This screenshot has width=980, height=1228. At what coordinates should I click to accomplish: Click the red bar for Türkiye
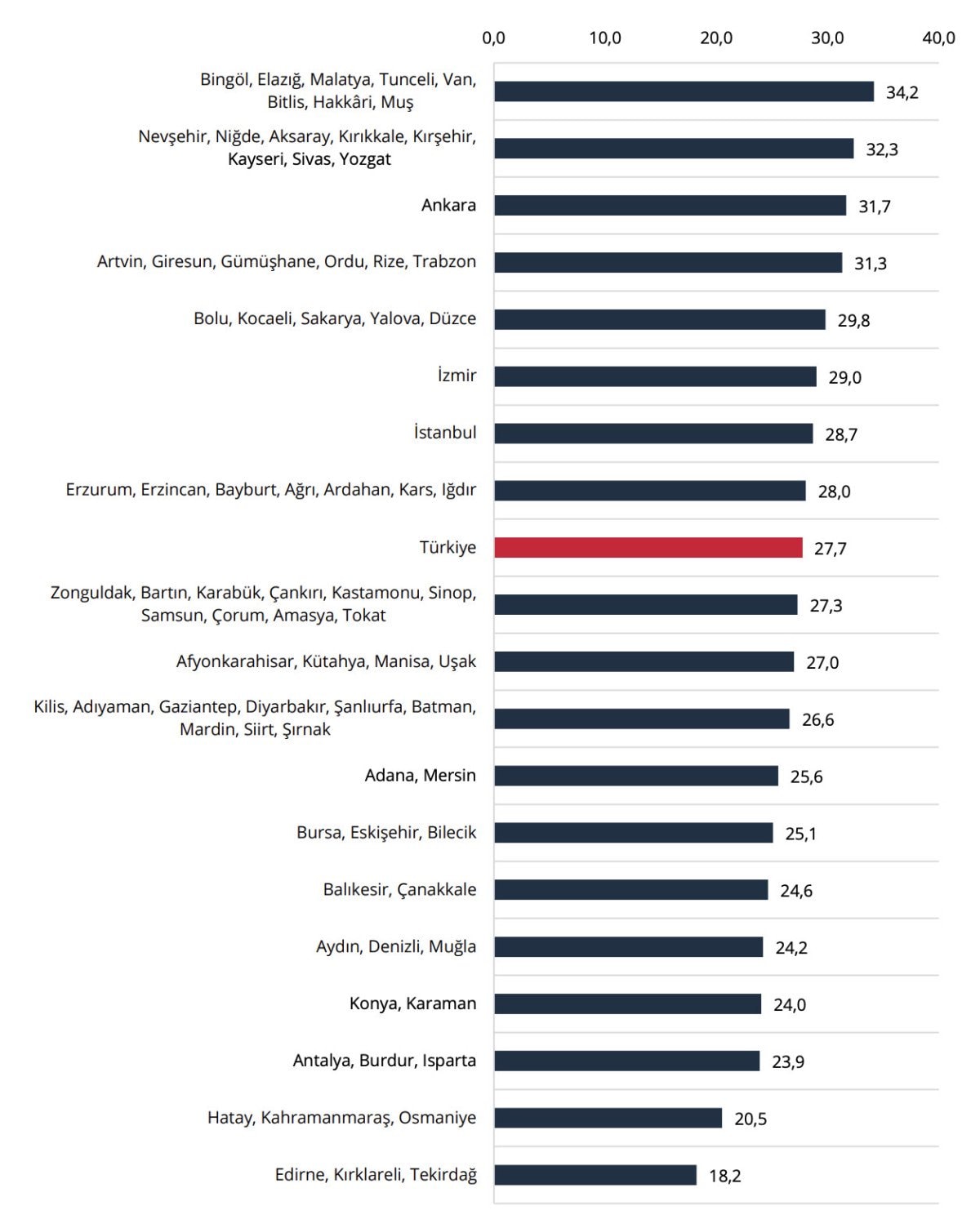point(648,548)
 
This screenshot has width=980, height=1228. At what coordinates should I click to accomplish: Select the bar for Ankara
point(670,206)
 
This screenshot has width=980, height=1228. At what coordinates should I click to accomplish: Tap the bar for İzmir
point(655,376)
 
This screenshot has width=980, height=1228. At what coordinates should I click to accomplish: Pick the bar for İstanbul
point(653,434)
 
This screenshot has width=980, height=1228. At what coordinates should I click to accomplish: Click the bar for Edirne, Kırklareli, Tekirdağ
point(595,1175)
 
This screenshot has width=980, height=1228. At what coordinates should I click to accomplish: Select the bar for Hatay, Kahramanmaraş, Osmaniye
point(608,1118)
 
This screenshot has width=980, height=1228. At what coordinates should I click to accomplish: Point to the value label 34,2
point(902,92)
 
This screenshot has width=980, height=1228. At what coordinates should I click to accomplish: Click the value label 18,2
point(724,1176)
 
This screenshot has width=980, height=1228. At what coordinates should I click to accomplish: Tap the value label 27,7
point(830,549)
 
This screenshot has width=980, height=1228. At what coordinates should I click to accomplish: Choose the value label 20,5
point(750,1119)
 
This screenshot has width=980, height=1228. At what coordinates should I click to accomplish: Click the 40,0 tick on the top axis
point(938,38)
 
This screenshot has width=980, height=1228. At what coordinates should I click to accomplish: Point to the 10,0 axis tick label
point(605,38)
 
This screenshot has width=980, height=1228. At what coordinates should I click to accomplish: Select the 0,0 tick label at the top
point(494,38)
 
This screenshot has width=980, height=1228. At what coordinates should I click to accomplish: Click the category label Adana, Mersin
point(420,776)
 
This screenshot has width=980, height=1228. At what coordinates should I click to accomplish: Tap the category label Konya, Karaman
point(412,1003)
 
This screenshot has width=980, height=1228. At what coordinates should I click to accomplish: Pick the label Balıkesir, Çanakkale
point(399,890)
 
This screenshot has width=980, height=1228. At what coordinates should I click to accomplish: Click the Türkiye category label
point(448,548)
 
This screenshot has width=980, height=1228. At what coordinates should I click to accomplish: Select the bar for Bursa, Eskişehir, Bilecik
point(633,833)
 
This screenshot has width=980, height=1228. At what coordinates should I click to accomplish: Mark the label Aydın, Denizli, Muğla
point(396,947)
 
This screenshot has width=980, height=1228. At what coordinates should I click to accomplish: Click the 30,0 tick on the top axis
point(827,38)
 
